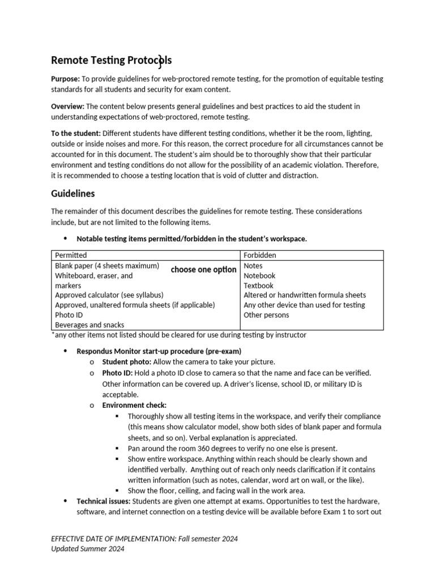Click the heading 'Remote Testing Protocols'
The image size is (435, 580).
[111, 60]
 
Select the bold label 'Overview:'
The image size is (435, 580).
[67, 106]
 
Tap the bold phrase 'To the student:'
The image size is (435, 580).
[76, 133]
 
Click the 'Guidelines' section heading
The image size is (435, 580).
[73, 193]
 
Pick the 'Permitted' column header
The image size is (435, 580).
[71, 255]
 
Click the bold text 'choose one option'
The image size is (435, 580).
[203, 270]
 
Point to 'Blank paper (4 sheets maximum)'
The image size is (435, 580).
[106, 266]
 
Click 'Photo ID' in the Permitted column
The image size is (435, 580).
[69, 315]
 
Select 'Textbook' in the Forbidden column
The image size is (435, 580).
[258, 285]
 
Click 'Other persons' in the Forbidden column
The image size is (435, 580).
[266, 315]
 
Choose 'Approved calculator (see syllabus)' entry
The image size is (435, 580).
[109, 295]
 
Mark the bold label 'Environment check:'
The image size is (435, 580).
[134, 405]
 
